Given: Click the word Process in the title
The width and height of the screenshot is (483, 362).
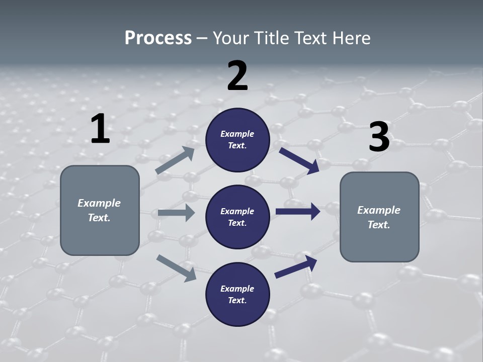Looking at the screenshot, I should coord(158,38).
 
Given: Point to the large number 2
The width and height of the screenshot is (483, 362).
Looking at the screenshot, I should coord(237,75).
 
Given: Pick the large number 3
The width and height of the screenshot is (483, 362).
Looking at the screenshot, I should coord(379,137).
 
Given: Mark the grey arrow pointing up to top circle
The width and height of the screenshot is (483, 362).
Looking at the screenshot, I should coord(175,160).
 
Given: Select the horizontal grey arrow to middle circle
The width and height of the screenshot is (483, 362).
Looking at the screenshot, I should coord(176,213).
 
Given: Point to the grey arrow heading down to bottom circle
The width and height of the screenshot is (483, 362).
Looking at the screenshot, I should coord(176,267).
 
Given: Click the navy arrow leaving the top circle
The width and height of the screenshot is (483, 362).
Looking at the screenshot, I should coord(299,160).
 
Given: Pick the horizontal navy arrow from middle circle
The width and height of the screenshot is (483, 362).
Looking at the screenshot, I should coord(297,212).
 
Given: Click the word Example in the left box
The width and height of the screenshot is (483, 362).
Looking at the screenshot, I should coord(99,203).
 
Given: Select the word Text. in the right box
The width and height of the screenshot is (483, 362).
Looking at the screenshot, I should coord(379,225).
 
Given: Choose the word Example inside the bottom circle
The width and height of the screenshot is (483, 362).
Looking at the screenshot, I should coord(237,289).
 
